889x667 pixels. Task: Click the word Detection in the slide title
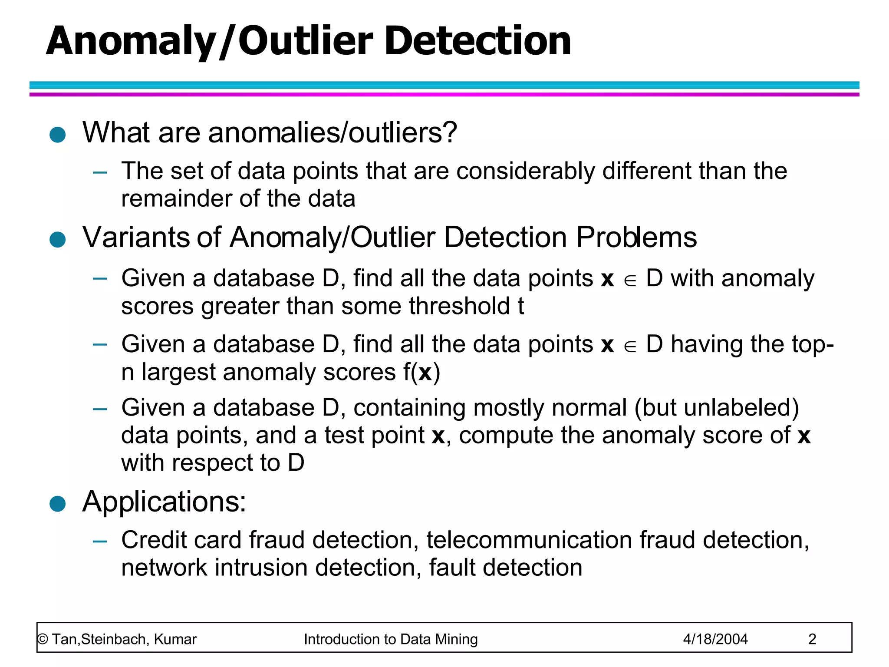[x=477, y=41]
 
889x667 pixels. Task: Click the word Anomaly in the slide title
[x=130, y=42]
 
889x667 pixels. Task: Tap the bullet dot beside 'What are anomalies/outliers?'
[x=57, y=135]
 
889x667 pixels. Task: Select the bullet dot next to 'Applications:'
[x=57, y=504]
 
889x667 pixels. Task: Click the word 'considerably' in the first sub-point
[x=525, y=171]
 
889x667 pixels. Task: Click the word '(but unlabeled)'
[x=716, y=408]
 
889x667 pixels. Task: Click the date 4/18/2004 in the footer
[x=715, y=639]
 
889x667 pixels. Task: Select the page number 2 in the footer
[x=812, y=639]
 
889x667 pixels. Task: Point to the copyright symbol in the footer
[x=43, y=640]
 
